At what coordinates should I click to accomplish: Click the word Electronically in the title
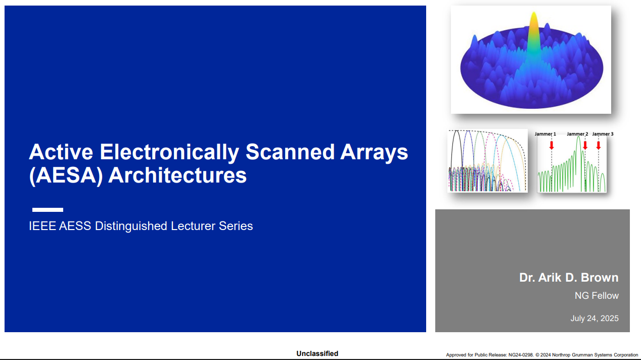[169, 152]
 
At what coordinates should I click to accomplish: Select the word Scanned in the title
[290, 152]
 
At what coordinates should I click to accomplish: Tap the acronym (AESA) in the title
[66, 176]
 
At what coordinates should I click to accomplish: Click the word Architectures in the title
[177, 175]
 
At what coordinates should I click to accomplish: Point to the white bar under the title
[48, 210]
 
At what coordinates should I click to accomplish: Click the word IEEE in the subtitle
[42, 226]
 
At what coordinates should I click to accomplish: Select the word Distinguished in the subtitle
[131, 227]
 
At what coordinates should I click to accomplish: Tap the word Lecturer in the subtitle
[193, 226]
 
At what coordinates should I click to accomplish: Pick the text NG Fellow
[597, 296]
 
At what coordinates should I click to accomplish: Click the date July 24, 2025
[594, 319]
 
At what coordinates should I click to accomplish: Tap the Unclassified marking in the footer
[317, 354]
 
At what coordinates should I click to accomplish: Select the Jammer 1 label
[545, 134]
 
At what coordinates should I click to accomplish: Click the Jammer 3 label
[603, 134]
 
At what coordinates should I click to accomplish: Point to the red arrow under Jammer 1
[552, 145]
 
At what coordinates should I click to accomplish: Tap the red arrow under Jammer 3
[599, 145]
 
